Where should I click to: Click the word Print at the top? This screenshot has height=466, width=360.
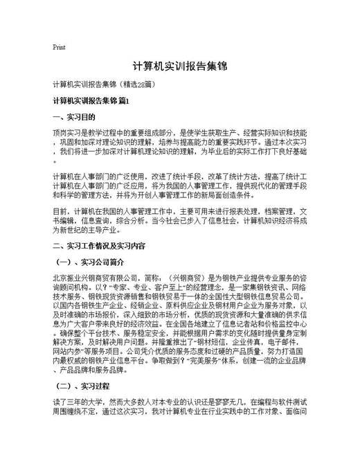[x=59, y=47]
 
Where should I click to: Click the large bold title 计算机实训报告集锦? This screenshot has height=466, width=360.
[x=179, y=66]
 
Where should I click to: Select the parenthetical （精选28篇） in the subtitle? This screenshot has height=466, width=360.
[x=141, y=84]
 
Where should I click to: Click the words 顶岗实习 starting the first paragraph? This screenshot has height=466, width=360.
[x=66, y=132]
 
